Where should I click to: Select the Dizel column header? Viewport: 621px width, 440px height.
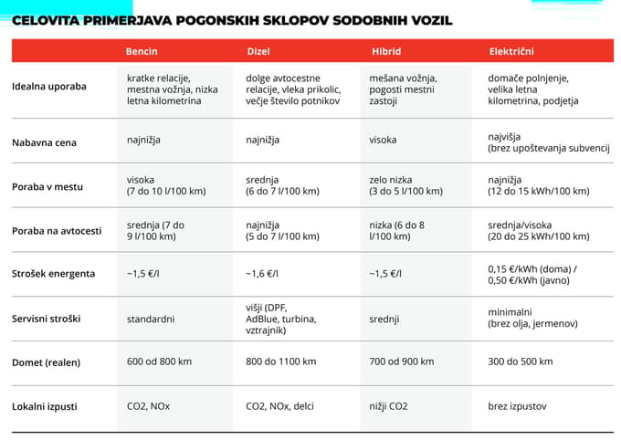258,51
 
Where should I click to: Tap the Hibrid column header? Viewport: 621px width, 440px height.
385,51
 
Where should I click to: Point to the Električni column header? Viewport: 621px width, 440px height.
510,51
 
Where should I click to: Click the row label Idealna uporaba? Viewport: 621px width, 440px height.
49,87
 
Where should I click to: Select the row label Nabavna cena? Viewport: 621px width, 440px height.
44,142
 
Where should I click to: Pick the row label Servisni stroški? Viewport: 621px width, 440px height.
48,319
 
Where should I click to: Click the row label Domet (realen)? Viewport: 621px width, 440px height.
47,362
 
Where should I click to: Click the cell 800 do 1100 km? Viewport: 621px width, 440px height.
280,361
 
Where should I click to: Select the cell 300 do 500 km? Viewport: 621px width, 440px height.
520,361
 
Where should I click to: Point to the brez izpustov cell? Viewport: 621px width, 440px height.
517,404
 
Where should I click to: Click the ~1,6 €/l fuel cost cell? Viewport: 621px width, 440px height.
262,273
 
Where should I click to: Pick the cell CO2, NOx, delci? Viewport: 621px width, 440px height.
280,404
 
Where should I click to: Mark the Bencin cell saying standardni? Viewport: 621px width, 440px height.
151,319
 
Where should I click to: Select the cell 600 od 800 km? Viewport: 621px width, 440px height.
159,361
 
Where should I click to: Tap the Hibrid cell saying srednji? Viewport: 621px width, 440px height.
384,320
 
